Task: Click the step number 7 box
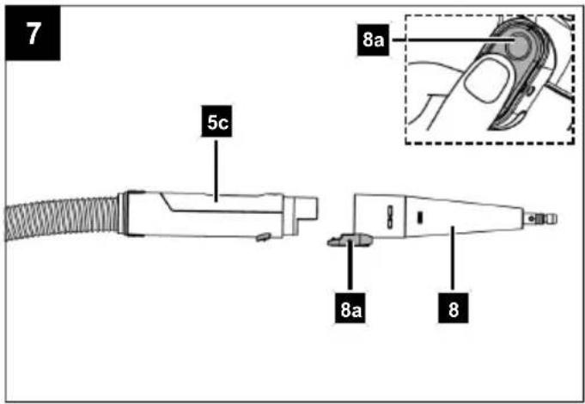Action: pyautogui.click(x=33, y=33)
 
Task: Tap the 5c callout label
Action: pyautogui.click(x=216, y=121)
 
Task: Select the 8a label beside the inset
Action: pyautogui.click(x=373, y=40)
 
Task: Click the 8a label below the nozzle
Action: pyautogui.click(x=350, y=309)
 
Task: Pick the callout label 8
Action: pyautogui.click(x=453, y=309)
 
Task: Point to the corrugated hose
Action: pyautogui.click(x=63, y=219)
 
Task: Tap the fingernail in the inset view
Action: pyautogui.click(x=484, y=81)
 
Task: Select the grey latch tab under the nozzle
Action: pyautogui.click(x=350, y=240)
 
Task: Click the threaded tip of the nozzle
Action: pyautogui.click(x=539, y=218)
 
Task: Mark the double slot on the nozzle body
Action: pyautogui.click(x=390, y=216)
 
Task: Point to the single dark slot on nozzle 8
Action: pyautogui.click(x=420, y=217)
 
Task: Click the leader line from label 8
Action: pyautogui.click(x=453, y=260)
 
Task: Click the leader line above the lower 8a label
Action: pyautogui.click(x=350, y=266)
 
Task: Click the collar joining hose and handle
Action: pyautogui.click(x=125, y=213)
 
